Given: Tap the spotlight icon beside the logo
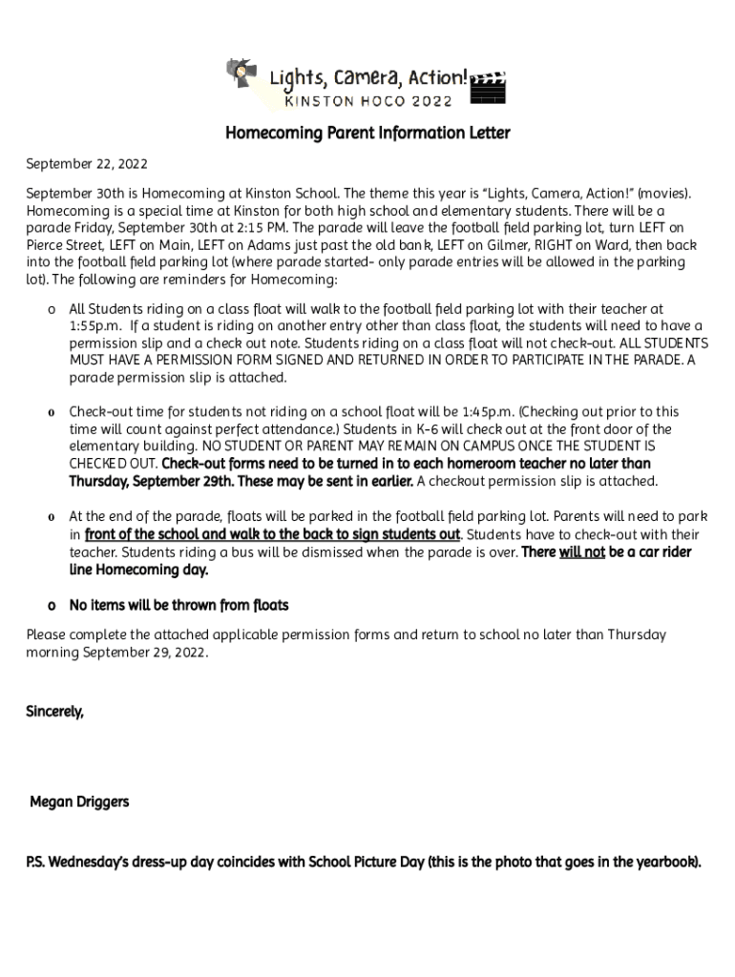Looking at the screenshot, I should coord(240,73).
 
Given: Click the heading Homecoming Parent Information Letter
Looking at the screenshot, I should coord(367,133).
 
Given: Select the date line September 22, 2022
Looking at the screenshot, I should coord(87,165).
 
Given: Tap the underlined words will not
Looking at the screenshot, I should coord(581,552).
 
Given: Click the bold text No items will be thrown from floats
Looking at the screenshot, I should coord(178,606).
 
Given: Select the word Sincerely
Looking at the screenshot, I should coord(54,711).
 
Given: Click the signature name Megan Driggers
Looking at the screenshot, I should coord(79,802).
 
